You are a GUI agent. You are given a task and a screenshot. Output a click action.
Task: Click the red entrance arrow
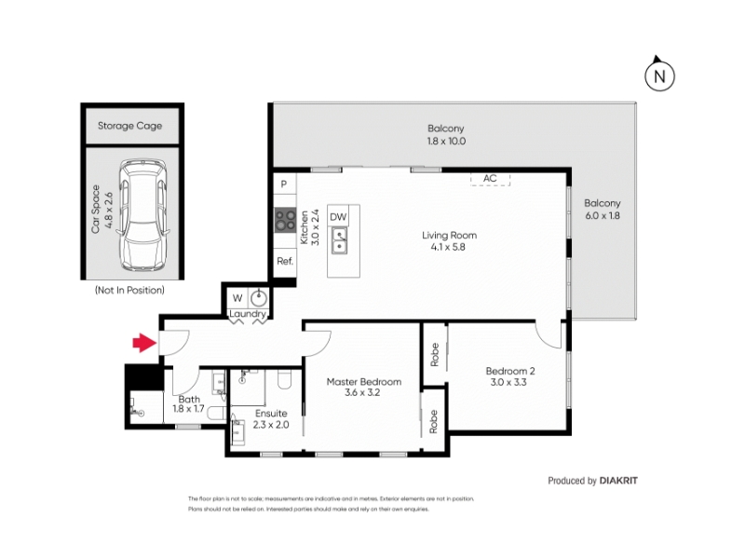click(x=144, y=343)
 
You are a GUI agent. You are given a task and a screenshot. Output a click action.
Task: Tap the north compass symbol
click(x=659, y=75)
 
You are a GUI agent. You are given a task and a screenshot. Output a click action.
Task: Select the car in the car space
click(x=143, y=215)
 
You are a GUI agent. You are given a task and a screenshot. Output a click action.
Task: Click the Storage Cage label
click(x=129, y=126)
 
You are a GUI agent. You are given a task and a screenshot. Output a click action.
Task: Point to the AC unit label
click(x=490, y=178)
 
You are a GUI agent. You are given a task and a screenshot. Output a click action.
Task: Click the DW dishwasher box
click(x=338, y=217)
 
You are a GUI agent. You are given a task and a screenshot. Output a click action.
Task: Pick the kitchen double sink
click(x=339, y=240)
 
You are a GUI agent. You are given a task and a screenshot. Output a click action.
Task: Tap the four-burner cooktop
click(x=285, y=221)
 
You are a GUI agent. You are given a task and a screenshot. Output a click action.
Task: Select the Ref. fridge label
click(x=285, y=261)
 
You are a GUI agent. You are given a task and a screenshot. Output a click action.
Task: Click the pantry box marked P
click(x=284, y=184)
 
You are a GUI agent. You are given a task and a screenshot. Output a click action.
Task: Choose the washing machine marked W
click(x=237, y=298)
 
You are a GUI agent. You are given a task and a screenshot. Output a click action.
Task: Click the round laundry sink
click(x=259, y=298)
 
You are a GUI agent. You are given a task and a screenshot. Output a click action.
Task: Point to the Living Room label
click(x=449, y=235)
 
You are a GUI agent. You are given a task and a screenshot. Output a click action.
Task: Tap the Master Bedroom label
click(x=364, y=381)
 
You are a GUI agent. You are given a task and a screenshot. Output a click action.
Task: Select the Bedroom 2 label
click(x=510, y=371)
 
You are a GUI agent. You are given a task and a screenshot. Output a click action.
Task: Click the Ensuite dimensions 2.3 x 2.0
click(x=271, y=425)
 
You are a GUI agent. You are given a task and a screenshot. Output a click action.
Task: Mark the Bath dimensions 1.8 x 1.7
click(x=189, y=408)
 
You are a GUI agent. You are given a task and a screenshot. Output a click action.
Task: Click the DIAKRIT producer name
click(x=618, y=481)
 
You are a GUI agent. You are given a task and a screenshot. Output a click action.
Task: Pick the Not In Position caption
click(x=129, y=290)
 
